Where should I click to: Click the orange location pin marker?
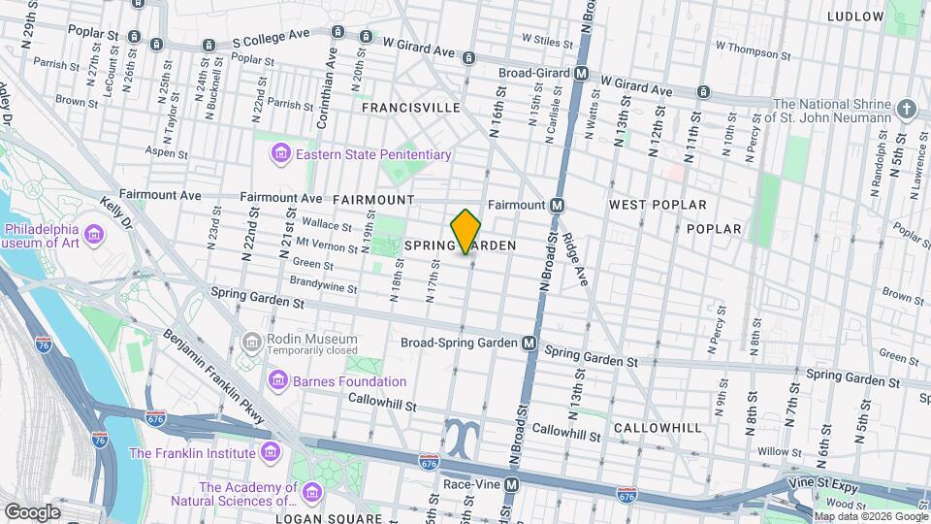[466, 231]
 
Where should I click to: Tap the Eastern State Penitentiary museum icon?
[281, 154]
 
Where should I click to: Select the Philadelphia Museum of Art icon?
[95, 235]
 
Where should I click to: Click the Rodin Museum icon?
[252, 342]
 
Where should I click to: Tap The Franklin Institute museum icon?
[269, 452]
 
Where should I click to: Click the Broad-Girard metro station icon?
[581, 73]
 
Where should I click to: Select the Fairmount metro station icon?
[557, 205]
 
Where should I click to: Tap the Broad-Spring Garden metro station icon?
[530, 343]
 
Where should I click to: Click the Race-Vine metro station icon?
[511, 483]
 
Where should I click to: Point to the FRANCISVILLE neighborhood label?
[410, 108]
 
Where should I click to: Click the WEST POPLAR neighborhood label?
[658, 205]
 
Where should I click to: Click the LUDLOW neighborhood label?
[855, 16]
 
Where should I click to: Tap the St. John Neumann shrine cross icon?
[907, 109]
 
